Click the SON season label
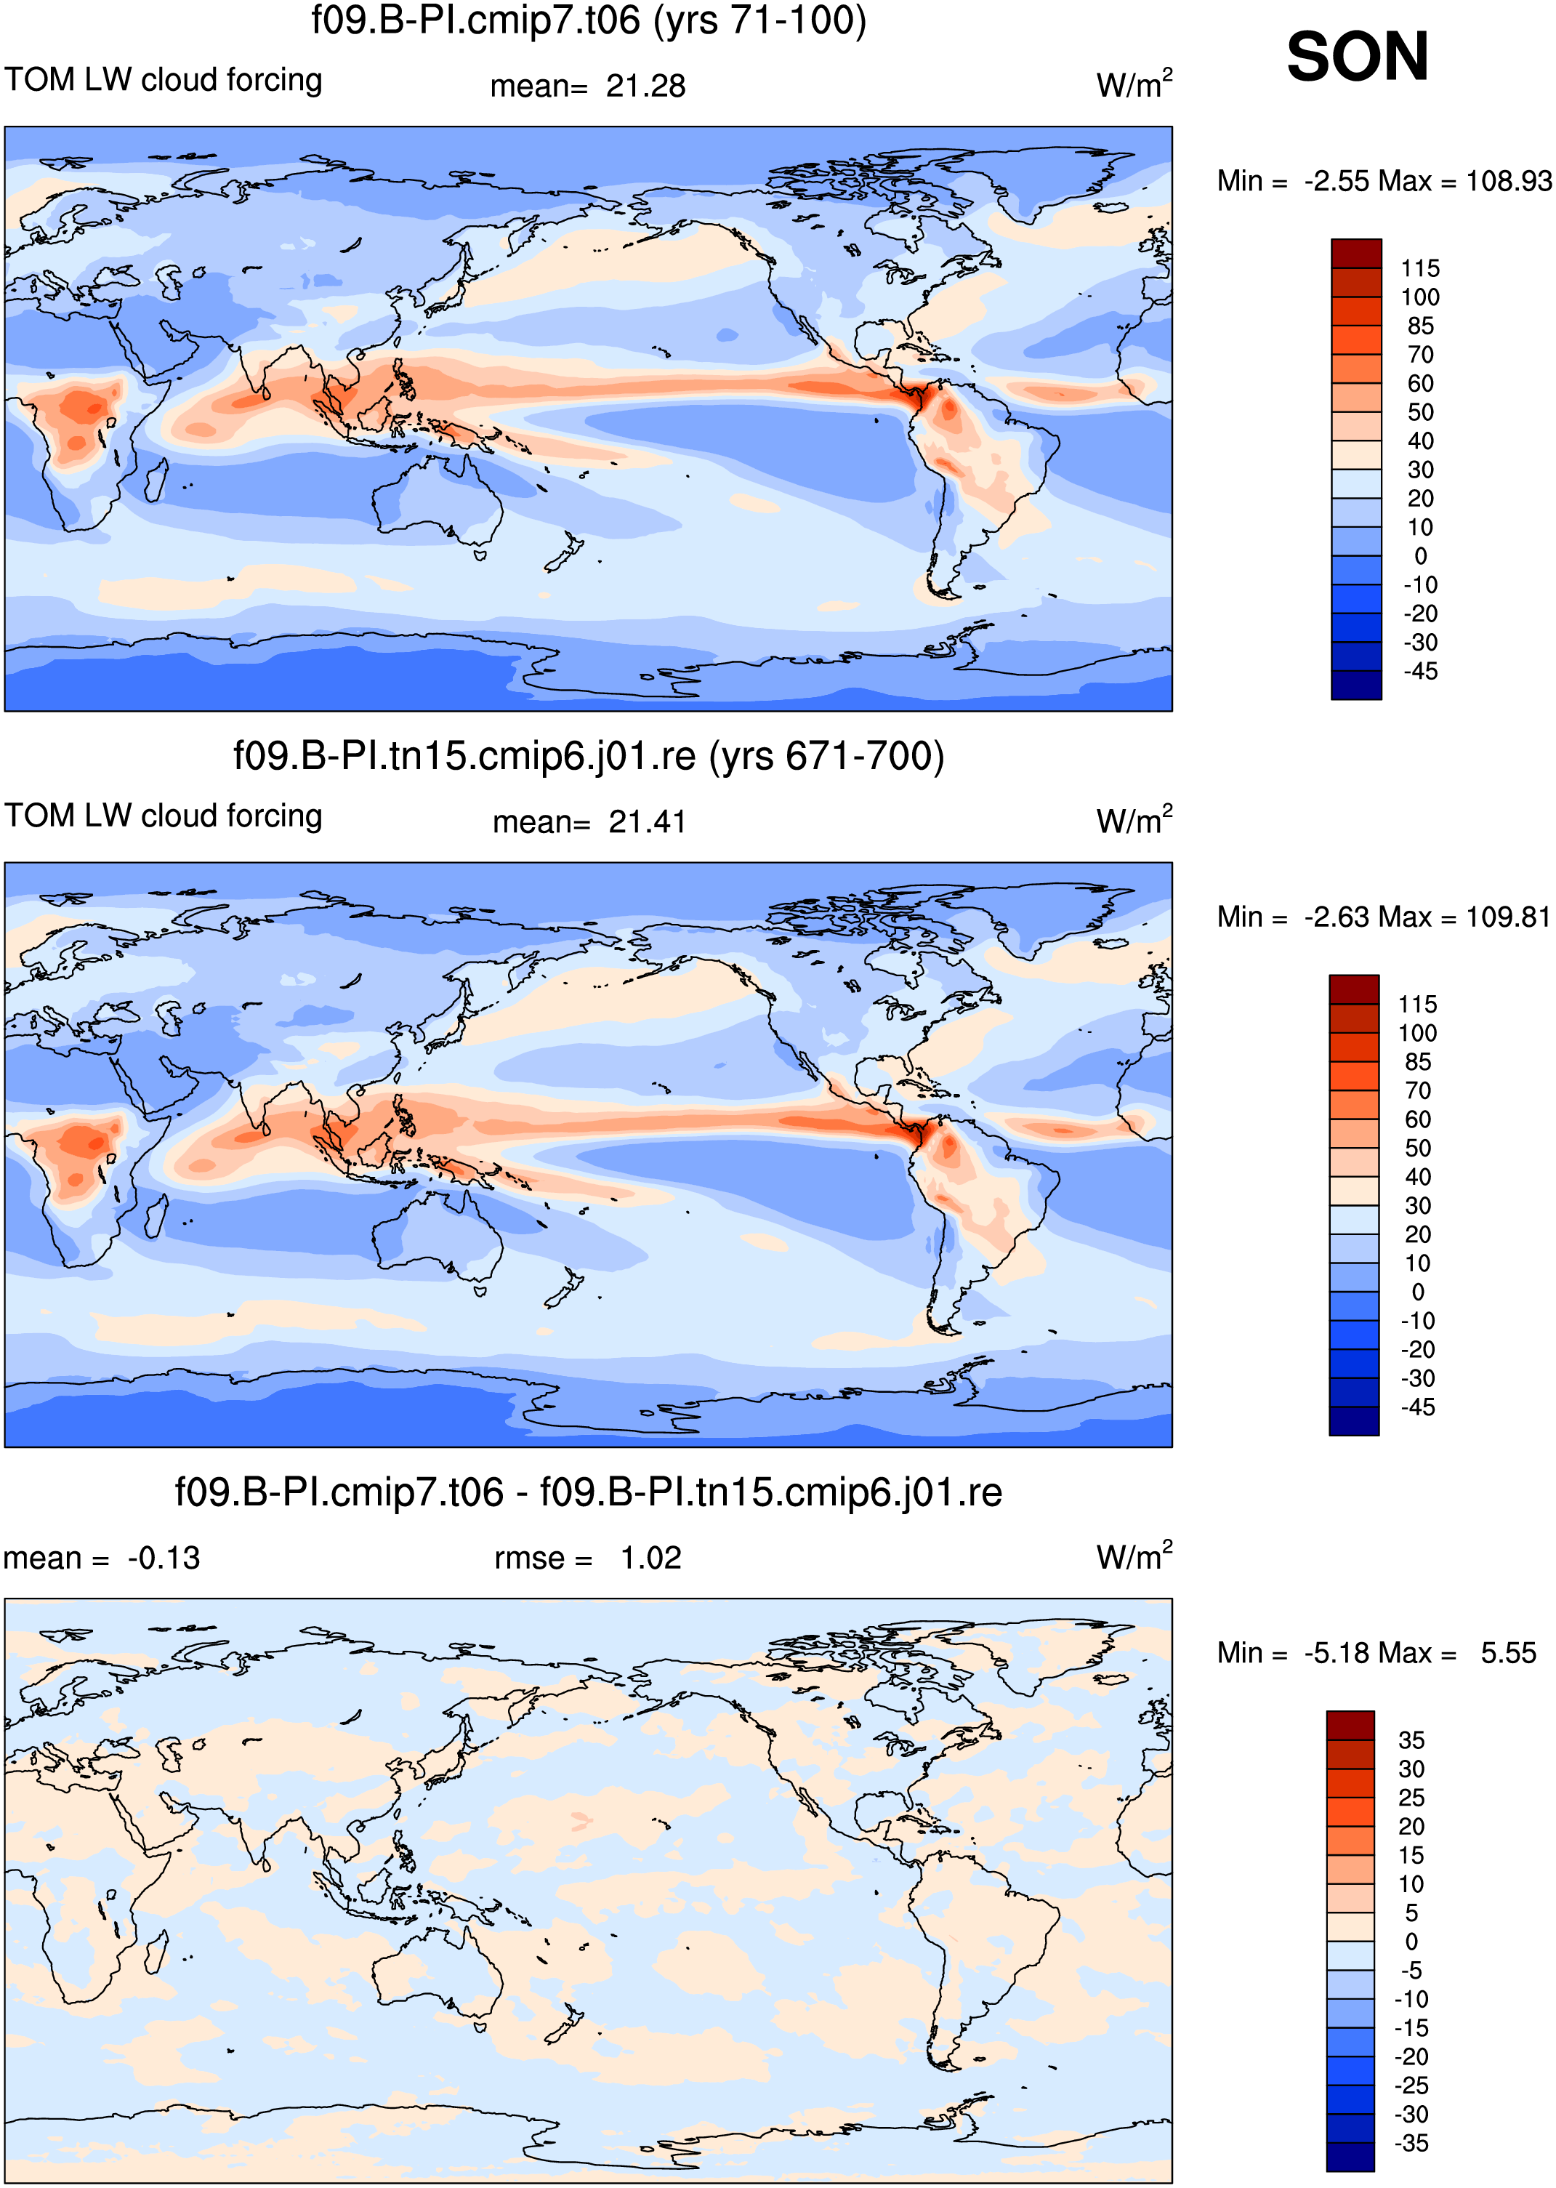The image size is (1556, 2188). point(1357,57)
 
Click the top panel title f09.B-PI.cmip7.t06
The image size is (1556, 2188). point(475,20)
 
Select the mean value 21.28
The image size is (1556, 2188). point(646,87)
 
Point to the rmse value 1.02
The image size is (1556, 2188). point(650,1558)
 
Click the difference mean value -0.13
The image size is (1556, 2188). point(164,1558)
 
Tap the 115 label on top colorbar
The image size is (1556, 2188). point(1420,268)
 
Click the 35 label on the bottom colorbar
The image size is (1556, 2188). point(1411,1740)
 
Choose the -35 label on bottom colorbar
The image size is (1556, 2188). point(1411,2143)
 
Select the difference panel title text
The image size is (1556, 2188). point(588,1492)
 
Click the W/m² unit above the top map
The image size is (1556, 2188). point(1134,84)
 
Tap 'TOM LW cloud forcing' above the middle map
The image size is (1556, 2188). point(164,816)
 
